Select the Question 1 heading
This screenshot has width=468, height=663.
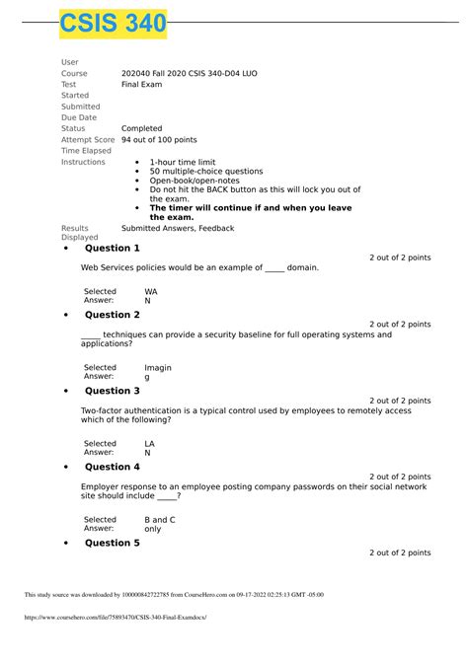112,248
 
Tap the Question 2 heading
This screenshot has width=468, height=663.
112,315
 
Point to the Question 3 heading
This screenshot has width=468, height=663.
112,391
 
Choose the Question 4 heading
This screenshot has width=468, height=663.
112,467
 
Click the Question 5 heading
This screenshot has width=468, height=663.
112,543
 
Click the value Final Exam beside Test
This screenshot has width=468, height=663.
142,85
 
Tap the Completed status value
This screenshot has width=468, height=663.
141,128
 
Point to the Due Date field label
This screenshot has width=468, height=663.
80,117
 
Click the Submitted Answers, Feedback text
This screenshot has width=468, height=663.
178,228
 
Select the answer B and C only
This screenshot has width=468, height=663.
159,524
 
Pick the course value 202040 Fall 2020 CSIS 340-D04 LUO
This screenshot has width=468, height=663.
190,74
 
